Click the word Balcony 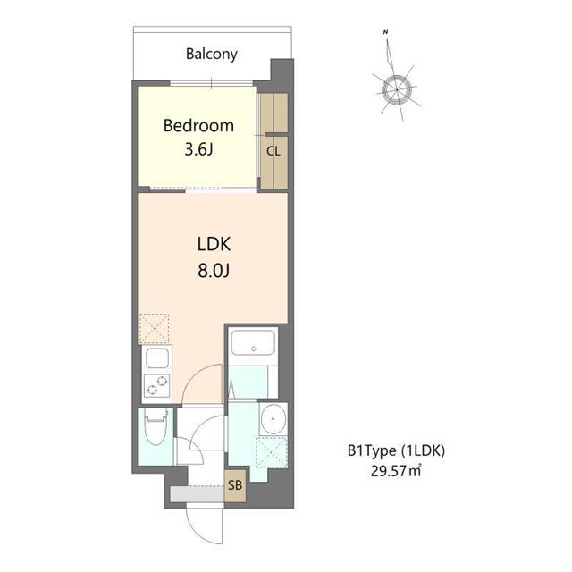(x=212, y=54)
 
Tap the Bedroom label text (x=198, y=126)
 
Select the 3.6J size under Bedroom (x=198, y=149)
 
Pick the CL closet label (x=273, y=151)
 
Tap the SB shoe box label (x=235, y=486)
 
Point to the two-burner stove (x=156, y=386)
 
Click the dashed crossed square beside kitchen (x=155, y=328)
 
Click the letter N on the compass (x=385, y=33)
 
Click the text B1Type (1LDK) (x=396, y=451)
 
